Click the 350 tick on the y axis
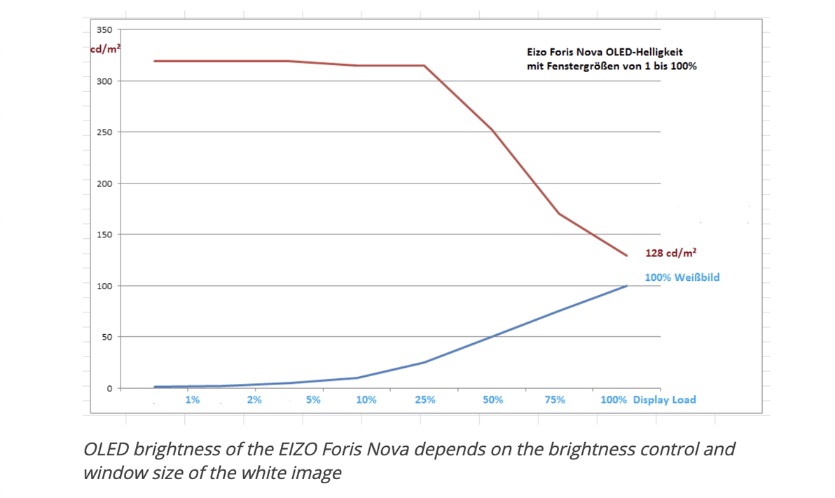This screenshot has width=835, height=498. (x=104, y=30)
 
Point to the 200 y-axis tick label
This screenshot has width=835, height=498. (x=104, y=184)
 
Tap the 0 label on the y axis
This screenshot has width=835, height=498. (x=109, y=389)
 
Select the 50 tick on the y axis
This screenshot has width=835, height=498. (x=106, y=337)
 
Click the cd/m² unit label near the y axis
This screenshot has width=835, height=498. (x=105, y=49)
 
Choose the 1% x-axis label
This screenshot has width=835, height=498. (x=192, y=400)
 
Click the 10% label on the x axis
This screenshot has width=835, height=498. (x=366, y=400)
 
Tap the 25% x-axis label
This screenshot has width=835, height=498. (x=425, y=400)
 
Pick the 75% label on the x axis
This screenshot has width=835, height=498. (x=555, y=400)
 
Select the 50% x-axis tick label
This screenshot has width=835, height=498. (x=492, y=400)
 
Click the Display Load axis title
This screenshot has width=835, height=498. (x=664, y=400)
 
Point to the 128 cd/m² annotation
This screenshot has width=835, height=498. (x=670, y=253)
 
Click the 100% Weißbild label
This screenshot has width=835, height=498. (x=682, y=277)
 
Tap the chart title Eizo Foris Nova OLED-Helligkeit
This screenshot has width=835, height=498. (x=605, y=53)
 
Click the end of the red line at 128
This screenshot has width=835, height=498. (x=627, y=256)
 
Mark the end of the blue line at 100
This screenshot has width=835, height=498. (x=627, y=286)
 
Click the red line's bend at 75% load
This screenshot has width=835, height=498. (x=558, y=214)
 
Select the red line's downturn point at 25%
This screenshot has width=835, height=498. (x=425, y=66)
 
